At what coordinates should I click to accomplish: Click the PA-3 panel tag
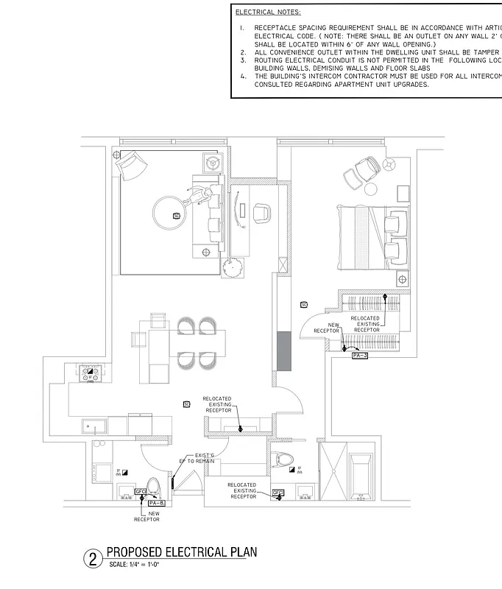360,355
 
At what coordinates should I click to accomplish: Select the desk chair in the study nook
262,213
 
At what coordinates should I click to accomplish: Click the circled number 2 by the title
93,558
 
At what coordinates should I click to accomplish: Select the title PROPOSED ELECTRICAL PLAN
182,552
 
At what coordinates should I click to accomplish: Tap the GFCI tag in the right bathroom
278,493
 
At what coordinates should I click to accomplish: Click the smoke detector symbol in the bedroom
304,303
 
